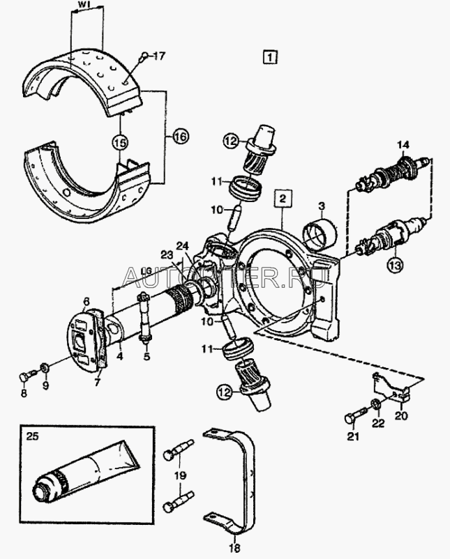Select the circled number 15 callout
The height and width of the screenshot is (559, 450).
pos(120,141)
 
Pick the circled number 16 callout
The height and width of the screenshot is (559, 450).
pos(181,137)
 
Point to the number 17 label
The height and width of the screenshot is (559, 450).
pos(160,55)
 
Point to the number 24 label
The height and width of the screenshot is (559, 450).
pos(182,245)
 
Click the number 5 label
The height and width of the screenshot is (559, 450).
pos(146,357)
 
